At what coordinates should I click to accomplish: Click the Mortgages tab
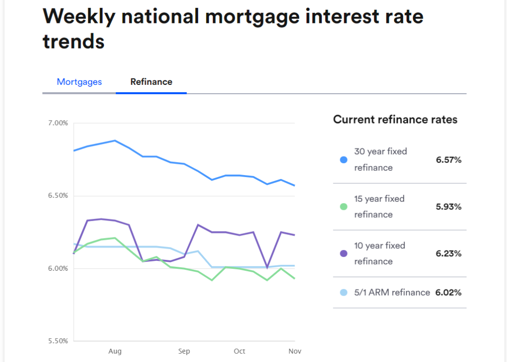pos(79,82)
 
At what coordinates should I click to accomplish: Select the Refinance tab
pos(151,82)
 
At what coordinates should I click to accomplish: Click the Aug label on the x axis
pos(115,351)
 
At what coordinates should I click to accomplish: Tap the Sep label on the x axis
pos(184,351)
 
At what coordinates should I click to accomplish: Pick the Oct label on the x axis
pos(239,351)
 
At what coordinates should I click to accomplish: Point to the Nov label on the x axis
pos(295,351)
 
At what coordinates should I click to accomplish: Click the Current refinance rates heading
pos(395,120)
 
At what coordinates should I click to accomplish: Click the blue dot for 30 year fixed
pos(344,160)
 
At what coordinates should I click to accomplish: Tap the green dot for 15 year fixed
pos(344,207)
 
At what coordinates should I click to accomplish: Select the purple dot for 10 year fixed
pos(344,253)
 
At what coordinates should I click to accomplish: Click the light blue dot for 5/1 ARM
pos(344,293)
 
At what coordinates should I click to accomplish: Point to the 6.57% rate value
pos(448,160)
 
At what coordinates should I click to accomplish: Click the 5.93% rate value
pos(448,207)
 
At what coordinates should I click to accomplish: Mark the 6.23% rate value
pos(448,253)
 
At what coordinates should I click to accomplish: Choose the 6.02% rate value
pos(448,293)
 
